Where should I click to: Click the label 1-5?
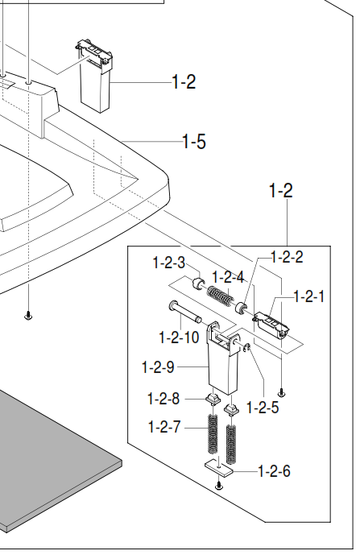pyautogui.click(x=194, y=142)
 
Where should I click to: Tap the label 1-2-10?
pyautogui.click(x=179, y=337)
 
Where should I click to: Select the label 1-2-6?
pyautogui.click(x=274, y=471)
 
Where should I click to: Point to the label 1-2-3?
pyautogui.click(x=169, y=263)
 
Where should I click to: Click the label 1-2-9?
pyautogui.click(x=158, y=366)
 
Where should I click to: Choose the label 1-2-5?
pyautogui.click(x=263, y=408)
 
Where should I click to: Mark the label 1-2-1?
pyautogui.click(x=309, y=296)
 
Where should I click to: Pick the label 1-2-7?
pyautogui.click(x=164, y=427)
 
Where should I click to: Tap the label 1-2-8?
pyautogui.click(x=163, y=399)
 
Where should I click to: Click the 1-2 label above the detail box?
pyautogui.click(x=281, y=190)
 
